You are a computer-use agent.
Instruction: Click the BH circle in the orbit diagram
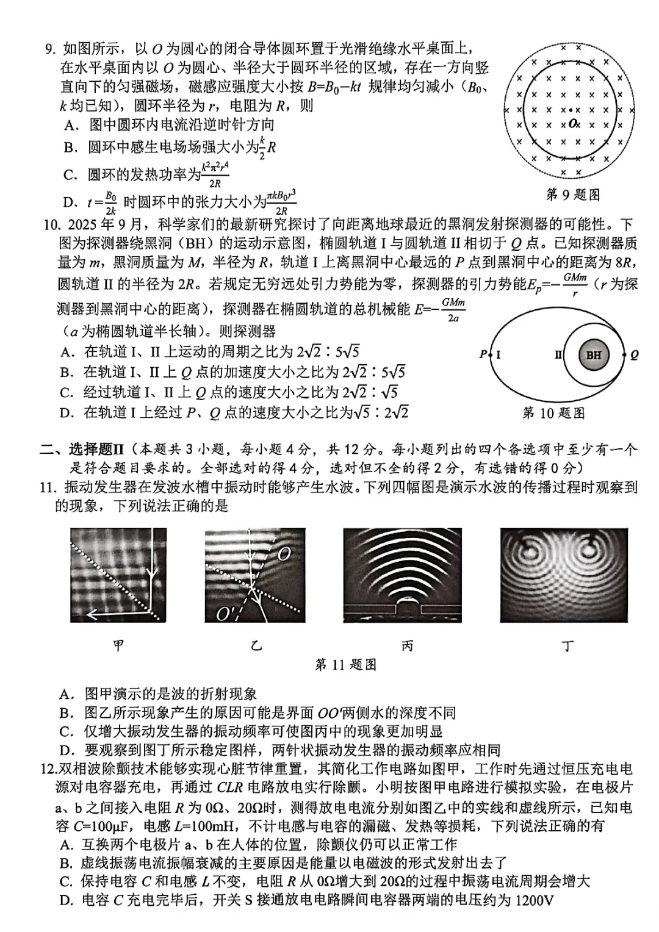click(593, 355)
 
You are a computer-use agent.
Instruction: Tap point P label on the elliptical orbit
click(483, 354)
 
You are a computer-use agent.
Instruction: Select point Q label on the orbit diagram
click(634, 355)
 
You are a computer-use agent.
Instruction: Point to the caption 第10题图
click(553, 413)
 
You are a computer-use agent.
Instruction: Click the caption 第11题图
click(345, 664)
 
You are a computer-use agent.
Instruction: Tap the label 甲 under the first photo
click(119, 645)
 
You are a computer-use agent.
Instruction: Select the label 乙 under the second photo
click(256, 645)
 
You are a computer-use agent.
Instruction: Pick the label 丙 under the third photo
click(407, 645)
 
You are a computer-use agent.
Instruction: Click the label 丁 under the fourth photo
click(567, 645)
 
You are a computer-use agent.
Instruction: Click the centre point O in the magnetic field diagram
click(572, 123)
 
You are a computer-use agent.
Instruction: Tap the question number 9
click(50, 49)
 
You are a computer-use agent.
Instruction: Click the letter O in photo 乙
click(284, 554)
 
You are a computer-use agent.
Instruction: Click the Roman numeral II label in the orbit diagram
click(558, 354)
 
